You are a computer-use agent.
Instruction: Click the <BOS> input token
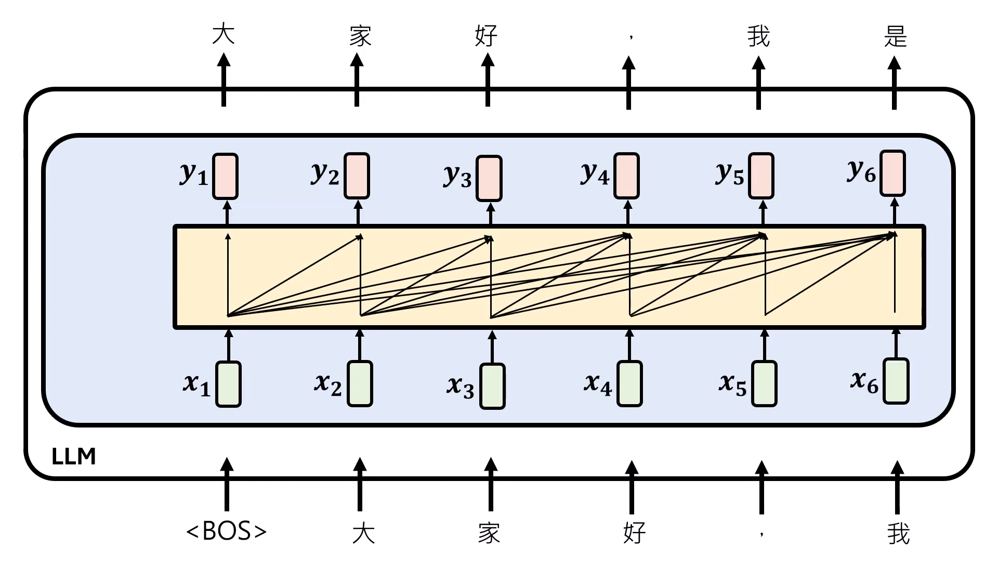227,531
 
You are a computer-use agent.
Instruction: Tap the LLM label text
74,457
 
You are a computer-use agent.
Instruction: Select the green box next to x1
228,384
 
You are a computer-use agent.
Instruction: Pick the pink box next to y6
892,173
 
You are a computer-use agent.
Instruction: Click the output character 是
895,36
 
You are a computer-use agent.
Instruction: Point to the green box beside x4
629,384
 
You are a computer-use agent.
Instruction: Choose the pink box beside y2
357,176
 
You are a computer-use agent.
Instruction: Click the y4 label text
595,173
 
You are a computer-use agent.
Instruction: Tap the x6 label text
864,382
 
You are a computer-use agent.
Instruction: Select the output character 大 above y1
224,34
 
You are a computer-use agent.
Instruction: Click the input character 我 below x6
898,533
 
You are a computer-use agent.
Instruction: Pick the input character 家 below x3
489,533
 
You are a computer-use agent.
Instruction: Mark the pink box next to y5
761,176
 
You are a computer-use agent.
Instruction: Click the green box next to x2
360,384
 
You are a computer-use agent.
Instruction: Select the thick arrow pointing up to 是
894,83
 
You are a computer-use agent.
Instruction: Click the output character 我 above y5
758,36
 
